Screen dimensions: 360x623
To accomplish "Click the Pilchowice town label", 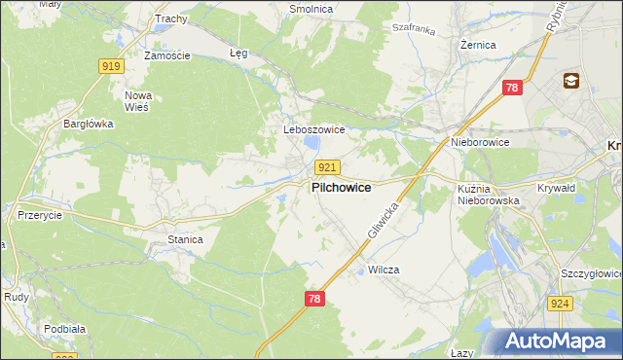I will (x=340, y=188).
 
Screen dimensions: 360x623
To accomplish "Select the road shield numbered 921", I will (x=327, y=168).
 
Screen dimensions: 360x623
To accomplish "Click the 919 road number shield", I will (x=110, y=65).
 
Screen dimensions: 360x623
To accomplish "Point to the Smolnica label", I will (x=311, y=9).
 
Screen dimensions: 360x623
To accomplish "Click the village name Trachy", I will (x=170, y=18).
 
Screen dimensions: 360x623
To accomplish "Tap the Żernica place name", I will (x=479, y=45).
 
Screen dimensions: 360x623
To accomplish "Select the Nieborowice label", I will (x=480, y=142).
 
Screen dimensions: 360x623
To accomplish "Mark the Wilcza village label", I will (x=385, y=270).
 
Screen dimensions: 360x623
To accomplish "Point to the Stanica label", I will (x=185, y=238).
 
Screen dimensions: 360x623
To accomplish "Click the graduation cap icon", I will (x=570, y=80).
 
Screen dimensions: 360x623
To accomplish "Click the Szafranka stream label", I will (x=411, y=30).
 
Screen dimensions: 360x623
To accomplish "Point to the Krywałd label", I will (x=558, y=188).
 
